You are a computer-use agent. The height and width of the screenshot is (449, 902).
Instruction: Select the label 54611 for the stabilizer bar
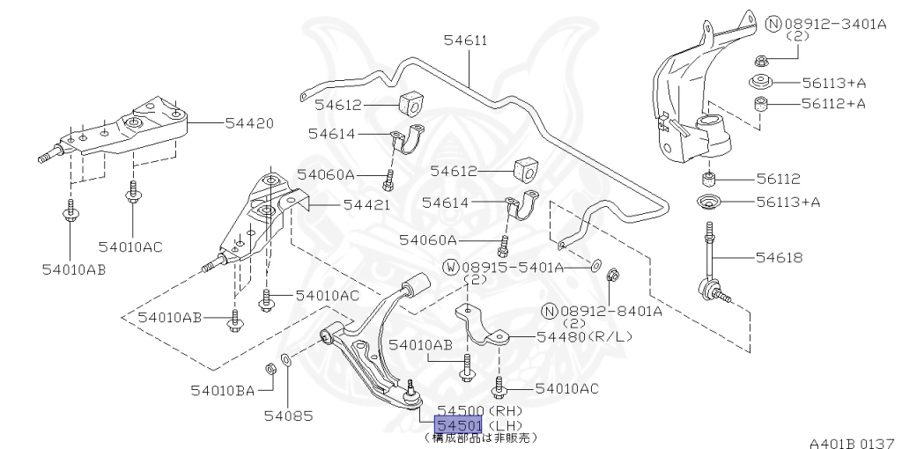pyautogui.click(x=465, y=40)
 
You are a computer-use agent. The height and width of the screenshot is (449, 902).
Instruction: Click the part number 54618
pyautogui.click(x=779, y=258)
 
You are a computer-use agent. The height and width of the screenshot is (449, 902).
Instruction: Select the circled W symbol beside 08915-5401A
pyautogui.click(x=450, y=267)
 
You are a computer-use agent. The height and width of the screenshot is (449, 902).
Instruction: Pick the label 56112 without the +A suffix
pyautogui.click(x=776, y=178)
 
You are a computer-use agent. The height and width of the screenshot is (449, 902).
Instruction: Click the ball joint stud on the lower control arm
pyautogui.click(x=410, y=388)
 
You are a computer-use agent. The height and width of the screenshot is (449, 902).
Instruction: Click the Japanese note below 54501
pyautogui.click(x=479, y=438)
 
